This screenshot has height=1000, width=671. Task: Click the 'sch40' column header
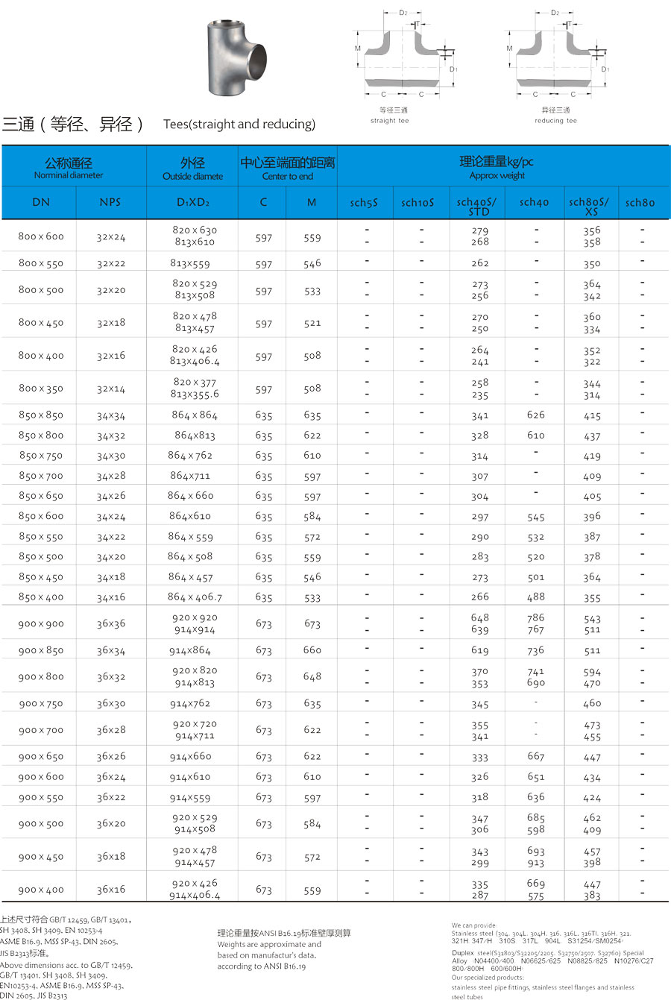[x=534, y=202]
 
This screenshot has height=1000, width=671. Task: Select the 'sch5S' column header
[x=365, y=202]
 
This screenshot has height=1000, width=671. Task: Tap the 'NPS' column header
[x=110, y=202]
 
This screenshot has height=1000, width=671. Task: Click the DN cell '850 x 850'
[x=41, y=415]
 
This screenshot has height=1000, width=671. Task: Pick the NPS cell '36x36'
[x=111, y=623]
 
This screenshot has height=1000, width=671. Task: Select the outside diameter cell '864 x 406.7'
[x=195, y=597]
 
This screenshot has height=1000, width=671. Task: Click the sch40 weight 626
[x=535, y=415]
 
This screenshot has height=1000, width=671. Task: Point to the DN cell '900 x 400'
[x=41, y=889]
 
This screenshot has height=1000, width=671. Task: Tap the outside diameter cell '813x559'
[x=190, y=263]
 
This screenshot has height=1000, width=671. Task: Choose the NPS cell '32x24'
[x=111, y=236]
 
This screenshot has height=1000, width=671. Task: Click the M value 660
[x=312, y=650]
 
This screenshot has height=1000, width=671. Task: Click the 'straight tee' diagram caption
[x=389, y=121]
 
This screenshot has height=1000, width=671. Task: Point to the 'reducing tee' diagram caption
[x=555, y=121]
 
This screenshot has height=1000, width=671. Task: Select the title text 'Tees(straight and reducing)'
[x=239, y=125]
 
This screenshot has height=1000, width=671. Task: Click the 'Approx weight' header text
[x=497, y=176]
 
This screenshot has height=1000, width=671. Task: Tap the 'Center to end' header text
[x=287, y=177]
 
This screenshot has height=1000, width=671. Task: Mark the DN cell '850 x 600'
[x=41, y=516]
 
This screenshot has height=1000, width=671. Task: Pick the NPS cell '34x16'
[x=111, y=597]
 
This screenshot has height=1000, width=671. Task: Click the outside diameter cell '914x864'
[x=190, y=650]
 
